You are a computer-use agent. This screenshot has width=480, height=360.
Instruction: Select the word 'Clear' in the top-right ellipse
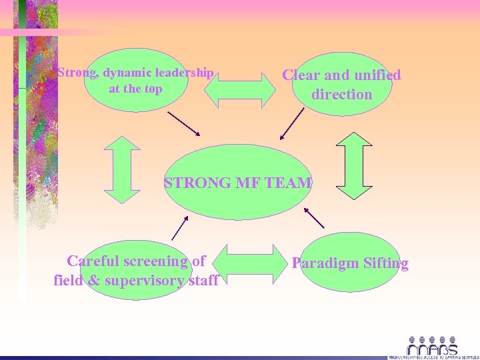pyautogui.click(x=302, y=75)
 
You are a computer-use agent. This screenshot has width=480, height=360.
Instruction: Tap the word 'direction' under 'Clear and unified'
pyautogui.click(x=341, y=95)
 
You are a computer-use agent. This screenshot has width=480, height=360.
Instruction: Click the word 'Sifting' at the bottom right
pyautogui.click(x=386, y=263)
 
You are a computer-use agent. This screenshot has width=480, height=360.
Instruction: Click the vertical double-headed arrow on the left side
pyautogui.click(x=123, y=169)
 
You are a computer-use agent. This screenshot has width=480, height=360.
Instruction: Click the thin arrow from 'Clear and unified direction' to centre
pyautogui.click(x=291, y=125)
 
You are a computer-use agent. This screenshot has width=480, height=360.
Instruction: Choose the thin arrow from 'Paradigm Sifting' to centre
pyautogui.click(x=313, y=217)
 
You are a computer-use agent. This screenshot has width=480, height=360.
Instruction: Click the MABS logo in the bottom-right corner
pyautogui.click(x=432, y=347)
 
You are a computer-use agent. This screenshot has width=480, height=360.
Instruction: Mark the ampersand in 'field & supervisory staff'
pyautogui.click(x=93, y=281)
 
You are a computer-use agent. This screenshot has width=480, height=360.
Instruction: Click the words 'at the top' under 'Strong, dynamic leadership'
pyautogui.click(x=135, y=89)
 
